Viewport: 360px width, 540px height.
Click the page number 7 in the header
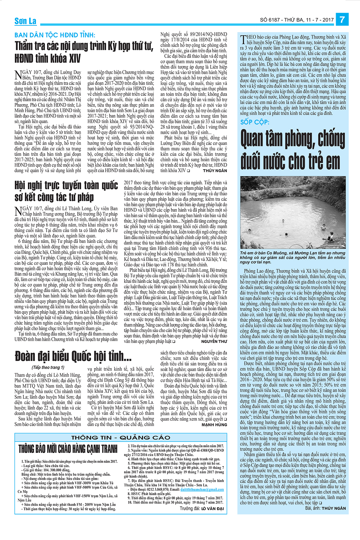pyautogui.click(x=342, y=20)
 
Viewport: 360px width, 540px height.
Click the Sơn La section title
pyautogui.click(x=25, y=21)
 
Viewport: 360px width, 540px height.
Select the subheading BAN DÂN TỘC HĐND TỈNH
pyautogui.click(x=55, y=35)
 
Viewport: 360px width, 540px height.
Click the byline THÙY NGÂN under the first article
pyautogui.click(x=215, y=171)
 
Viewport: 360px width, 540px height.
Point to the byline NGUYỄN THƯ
pyautogui.click(x=214, y=341)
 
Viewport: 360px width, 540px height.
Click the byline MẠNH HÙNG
pyautogui.click(x=214, y=425)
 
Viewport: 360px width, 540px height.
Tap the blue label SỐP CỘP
pyautogui.click(x=255, y=122)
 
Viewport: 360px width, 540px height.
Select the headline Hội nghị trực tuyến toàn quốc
pyautogui.click(x=66, y=191)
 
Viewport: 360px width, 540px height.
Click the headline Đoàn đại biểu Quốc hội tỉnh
pyautogui.click(x=73, y=356)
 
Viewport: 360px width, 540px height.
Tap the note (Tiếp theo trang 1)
pyautogui.click(x=48, y=367)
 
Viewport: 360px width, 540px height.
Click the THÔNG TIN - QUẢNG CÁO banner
pyautogui.click(x=121, y=438)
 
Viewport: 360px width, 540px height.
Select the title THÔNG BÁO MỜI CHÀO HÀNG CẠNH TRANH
pyautogui.click(x=68, y=449)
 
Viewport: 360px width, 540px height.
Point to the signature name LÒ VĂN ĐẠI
pyautogui.click(x=212, y=509)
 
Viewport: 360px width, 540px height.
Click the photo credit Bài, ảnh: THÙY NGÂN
pyautogui.click(x=325, y=508)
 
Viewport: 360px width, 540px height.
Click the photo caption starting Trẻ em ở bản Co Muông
pyautogui.click(x=292, y=257)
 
